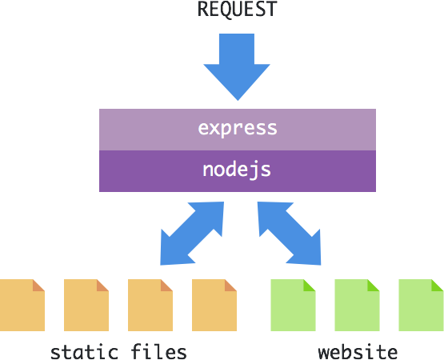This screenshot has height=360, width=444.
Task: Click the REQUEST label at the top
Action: coord(237,10)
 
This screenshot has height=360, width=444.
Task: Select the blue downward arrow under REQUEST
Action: coord(237,67)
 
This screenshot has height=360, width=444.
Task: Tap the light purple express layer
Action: coord(238,130)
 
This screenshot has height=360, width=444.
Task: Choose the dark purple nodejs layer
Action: coord(238,171)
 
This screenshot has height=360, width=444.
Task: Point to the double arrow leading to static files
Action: coord(192,234)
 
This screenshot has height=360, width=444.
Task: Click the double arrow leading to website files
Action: coord(289,234)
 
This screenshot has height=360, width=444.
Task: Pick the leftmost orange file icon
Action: coord(22,305)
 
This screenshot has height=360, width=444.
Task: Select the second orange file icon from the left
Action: coord(86,305)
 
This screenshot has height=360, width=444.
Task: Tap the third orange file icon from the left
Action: coord(150,305)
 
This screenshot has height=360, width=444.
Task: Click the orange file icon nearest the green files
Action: coord(214,305)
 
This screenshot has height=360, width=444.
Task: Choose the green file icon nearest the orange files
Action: coord(293,305)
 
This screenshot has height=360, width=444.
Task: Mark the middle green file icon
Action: coord(357,305)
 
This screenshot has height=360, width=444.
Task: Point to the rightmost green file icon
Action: coord(421,305)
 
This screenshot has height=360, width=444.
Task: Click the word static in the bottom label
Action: coord(84,352)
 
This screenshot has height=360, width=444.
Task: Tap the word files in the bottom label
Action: coord(159,351)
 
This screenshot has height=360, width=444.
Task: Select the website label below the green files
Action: coord(358,351)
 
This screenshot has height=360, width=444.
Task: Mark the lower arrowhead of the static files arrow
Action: coord(172,253)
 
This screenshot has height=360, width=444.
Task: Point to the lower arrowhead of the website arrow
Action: coord(309,253)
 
